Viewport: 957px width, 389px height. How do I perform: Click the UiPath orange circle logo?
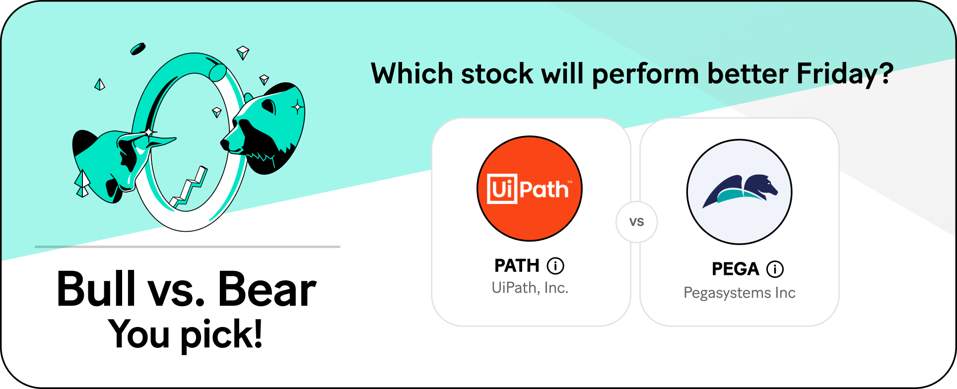(530, 189)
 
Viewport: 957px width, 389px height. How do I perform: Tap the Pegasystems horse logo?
(740, 192)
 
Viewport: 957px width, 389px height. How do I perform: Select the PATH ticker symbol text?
(517, 266)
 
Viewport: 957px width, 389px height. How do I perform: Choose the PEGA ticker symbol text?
(736, 269)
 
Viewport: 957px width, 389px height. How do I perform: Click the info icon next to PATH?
(555, 266)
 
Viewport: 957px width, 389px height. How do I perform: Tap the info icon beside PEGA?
(775, 269)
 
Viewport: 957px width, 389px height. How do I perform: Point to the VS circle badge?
(637, 222)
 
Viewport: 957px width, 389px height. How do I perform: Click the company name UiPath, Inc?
(530, 288)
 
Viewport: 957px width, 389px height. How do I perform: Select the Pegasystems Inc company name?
(740, 293)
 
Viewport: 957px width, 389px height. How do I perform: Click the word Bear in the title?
(267, 289)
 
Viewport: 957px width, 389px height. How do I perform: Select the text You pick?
(186, 334)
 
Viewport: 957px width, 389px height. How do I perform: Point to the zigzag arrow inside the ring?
(189, 188)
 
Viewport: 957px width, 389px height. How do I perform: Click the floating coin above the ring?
(138, 49)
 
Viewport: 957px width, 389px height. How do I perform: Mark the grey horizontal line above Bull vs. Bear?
(188, 247)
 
